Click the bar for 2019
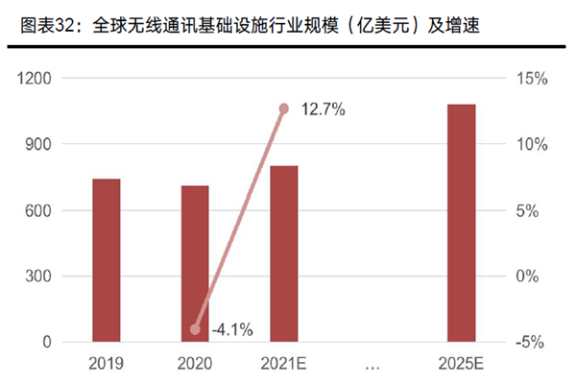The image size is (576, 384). [x=107, y=260]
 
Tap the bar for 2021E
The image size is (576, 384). [x=284, y=253]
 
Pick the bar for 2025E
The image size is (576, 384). [x=462, y=223]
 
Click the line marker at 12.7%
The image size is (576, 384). [x=284, y=109]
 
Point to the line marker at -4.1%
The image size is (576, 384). [x=196, y=329]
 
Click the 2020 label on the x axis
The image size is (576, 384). [x=195, y=364]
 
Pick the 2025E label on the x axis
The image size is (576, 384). [x=462, y=364]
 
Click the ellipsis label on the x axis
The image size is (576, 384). [x=372, y=364]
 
